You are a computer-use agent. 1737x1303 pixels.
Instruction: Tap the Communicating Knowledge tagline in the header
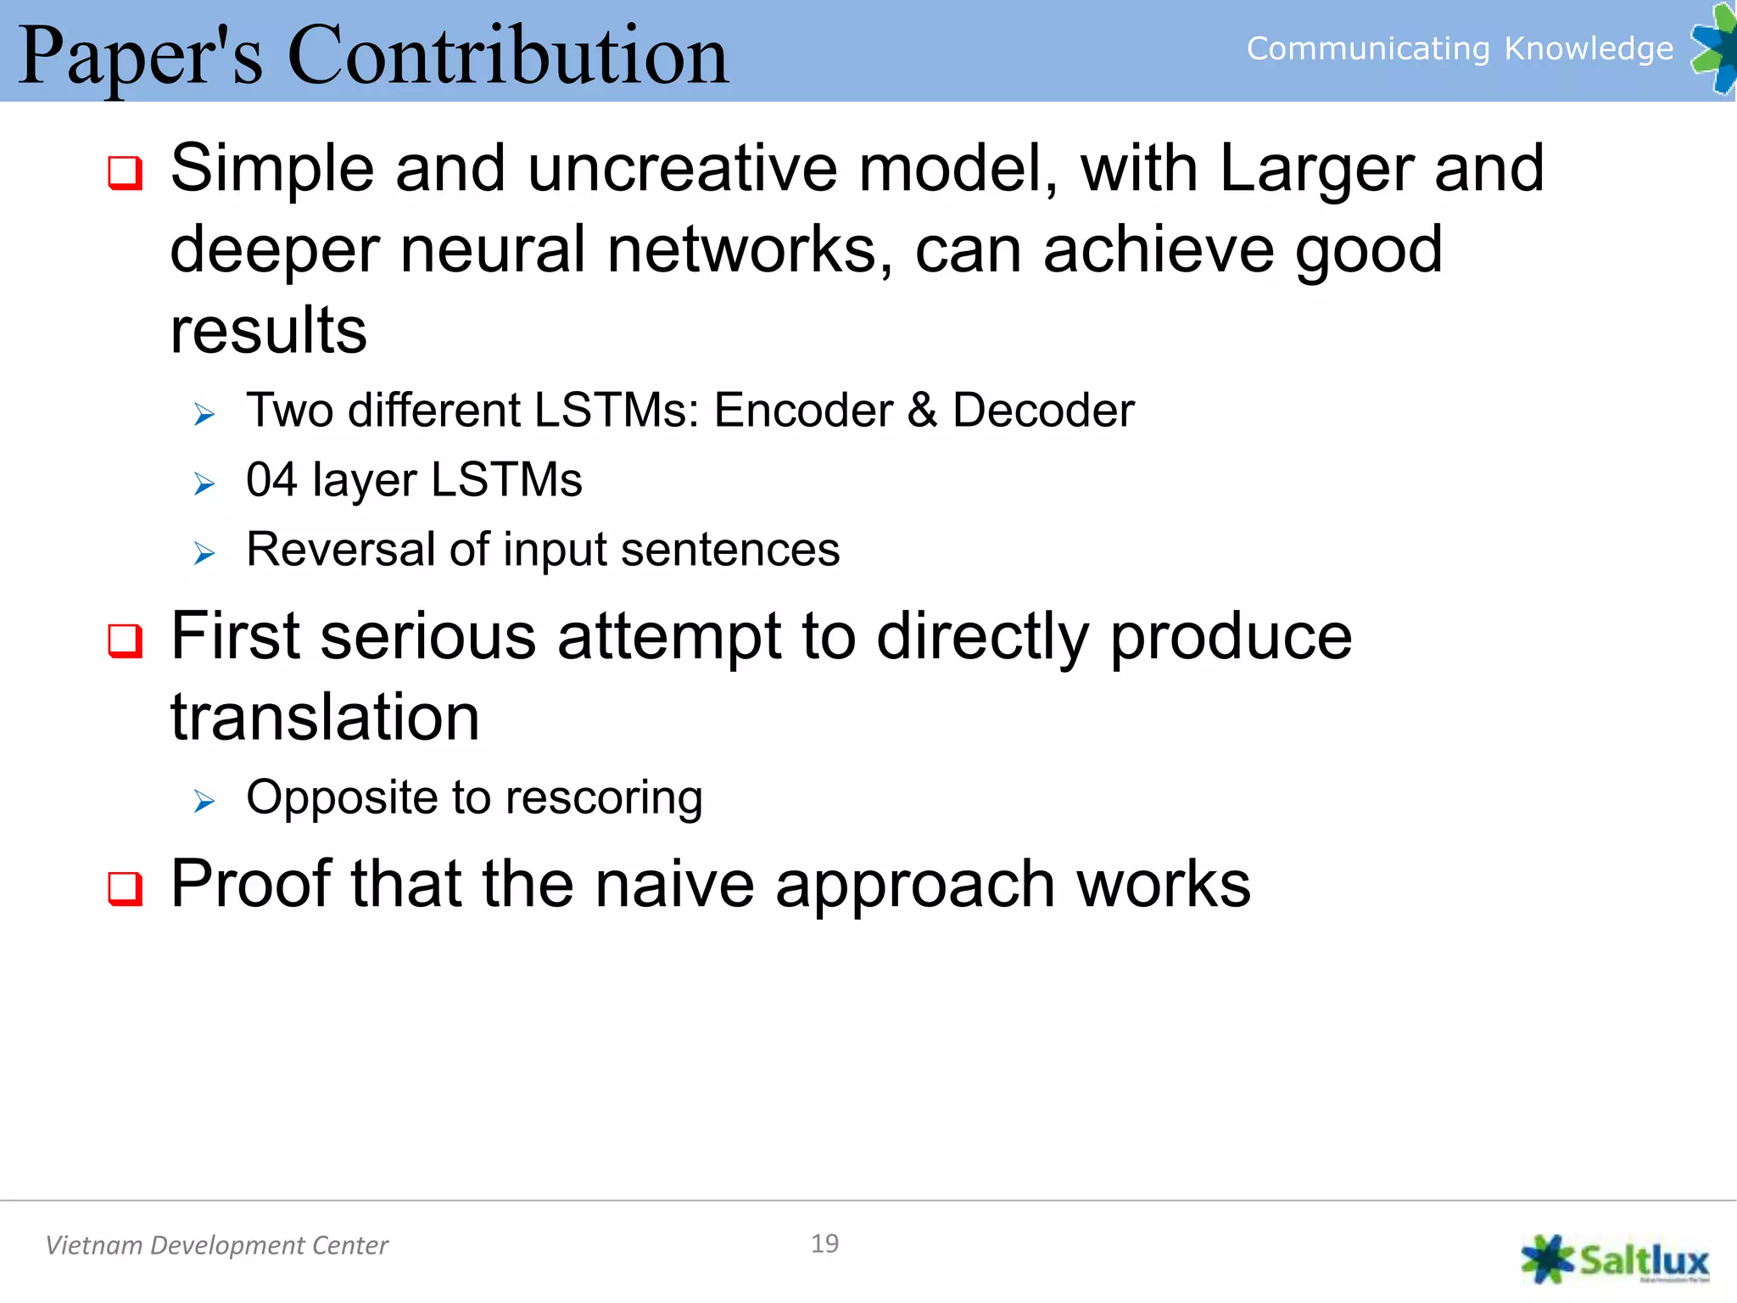click(1459, 49)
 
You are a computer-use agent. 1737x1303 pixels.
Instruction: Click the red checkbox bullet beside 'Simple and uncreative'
click(126, 173)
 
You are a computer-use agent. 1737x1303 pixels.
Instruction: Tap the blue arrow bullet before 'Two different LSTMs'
click(204, 415)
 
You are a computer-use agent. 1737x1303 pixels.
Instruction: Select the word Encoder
click(803, 411)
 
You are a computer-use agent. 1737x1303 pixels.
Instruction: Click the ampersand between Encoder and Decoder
click(923, 411)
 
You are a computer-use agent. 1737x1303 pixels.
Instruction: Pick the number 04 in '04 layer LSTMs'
click(271, 480)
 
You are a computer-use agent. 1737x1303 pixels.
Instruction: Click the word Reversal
click(339, 550)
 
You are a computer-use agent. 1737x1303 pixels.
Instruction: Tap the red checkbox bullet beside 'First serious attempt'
click(126, 641)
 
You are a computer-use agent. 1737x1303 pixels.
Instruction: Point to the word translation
click(325, 718)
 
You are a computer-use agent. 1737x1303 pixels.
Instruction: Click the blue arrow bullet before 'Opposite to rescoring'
click(204, 801)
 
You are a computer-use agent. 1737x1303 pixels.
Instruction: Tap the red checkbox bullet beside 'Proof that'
click(126, 889)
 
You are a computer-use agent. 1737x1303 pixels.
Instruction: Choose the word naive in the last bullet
click(674, 884)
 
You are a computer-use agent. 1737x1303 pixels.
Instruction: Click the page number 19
click(824, 1244)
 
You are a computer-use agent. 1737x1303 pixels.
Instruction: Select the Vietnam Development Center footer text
click(217, 1245)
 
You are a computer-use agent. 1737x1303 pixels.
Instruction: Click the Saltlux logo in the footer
click(1615, 1261)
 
